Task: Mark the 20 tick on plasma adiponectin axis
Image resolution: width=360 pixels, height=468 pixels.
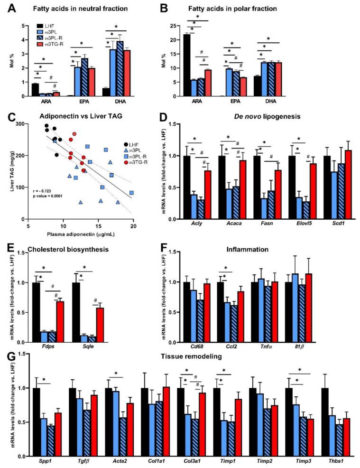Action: pyautogui.click(x=134, y=226)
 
